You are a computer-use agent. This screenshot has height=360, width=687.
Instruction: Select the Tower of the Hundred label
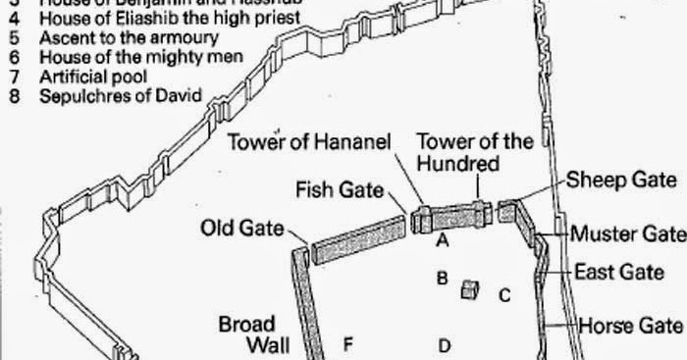pos(475,152)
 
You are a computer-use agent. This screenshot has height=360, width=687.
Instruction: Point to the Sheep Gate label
pos(621,180)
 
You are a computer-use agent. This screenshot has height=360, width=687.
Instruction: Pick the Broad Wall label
pos(246,334)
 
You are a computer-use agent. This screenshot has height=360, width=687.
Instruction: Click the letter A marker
pos(443,239)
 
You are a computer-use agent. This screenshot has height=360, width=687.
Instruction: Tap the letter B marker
pos(442,279)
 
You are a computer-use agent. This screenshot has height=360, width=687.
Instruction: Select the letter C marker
pos(504,295)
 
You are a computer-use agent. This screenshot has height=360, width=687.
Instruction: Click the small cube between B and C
pos(470,288)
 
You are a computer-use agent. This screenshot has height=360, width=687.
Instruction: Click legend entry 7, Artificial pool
pos(94,77)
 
